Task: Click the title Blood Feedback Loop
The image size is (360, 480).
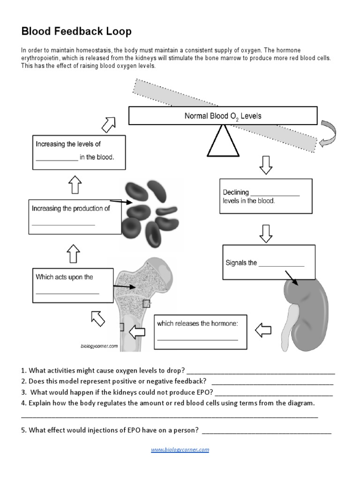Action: (76, 31)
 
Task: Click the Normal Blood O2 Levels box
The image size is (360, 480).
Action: (223, 115)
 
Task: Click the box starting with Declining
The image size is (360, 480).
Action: (265, 196)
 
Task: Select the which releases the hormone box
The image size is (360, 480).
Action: (200, 331)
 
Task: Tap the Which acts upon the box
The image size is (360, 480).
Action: (73, 285)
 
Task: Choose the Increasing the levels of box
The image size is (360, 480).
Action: (79, 152)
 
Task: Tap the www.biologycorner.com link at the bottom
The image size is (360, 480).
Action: (180, 450)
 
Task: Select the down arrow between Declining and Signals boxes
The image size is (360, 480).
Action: (266, 233)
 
